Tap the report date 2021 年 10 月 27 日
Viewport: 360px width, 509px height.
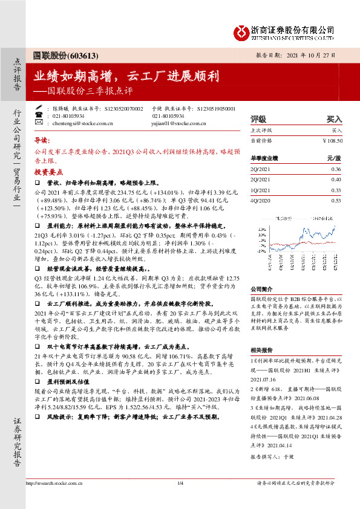(312, 55)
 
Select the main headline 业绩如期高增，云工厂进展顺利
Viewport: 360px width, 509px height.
(126, 77)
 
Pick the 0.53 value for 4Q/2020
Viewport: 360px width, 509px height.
(336, 200)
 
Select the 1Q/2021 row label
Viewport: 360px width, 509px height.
(260, 190)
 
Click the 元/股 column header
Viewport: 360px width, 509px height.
(334, 158)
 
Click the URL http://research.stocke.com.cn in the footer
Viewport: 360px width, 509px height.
(54, 500)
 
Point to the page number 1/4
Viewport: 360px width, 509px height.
(180, 500)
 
